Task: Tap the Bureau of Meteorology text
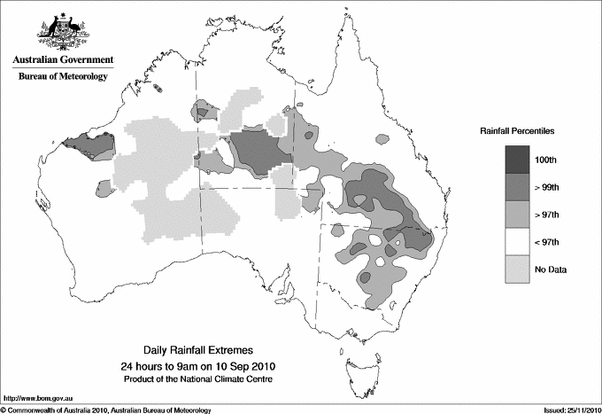[x=63, y=77]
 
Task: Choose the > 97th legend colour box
[x=519, y=214]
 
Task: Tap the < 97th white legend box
[x=519, y=241]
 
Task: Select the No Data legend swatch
[x=519, y=269]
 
